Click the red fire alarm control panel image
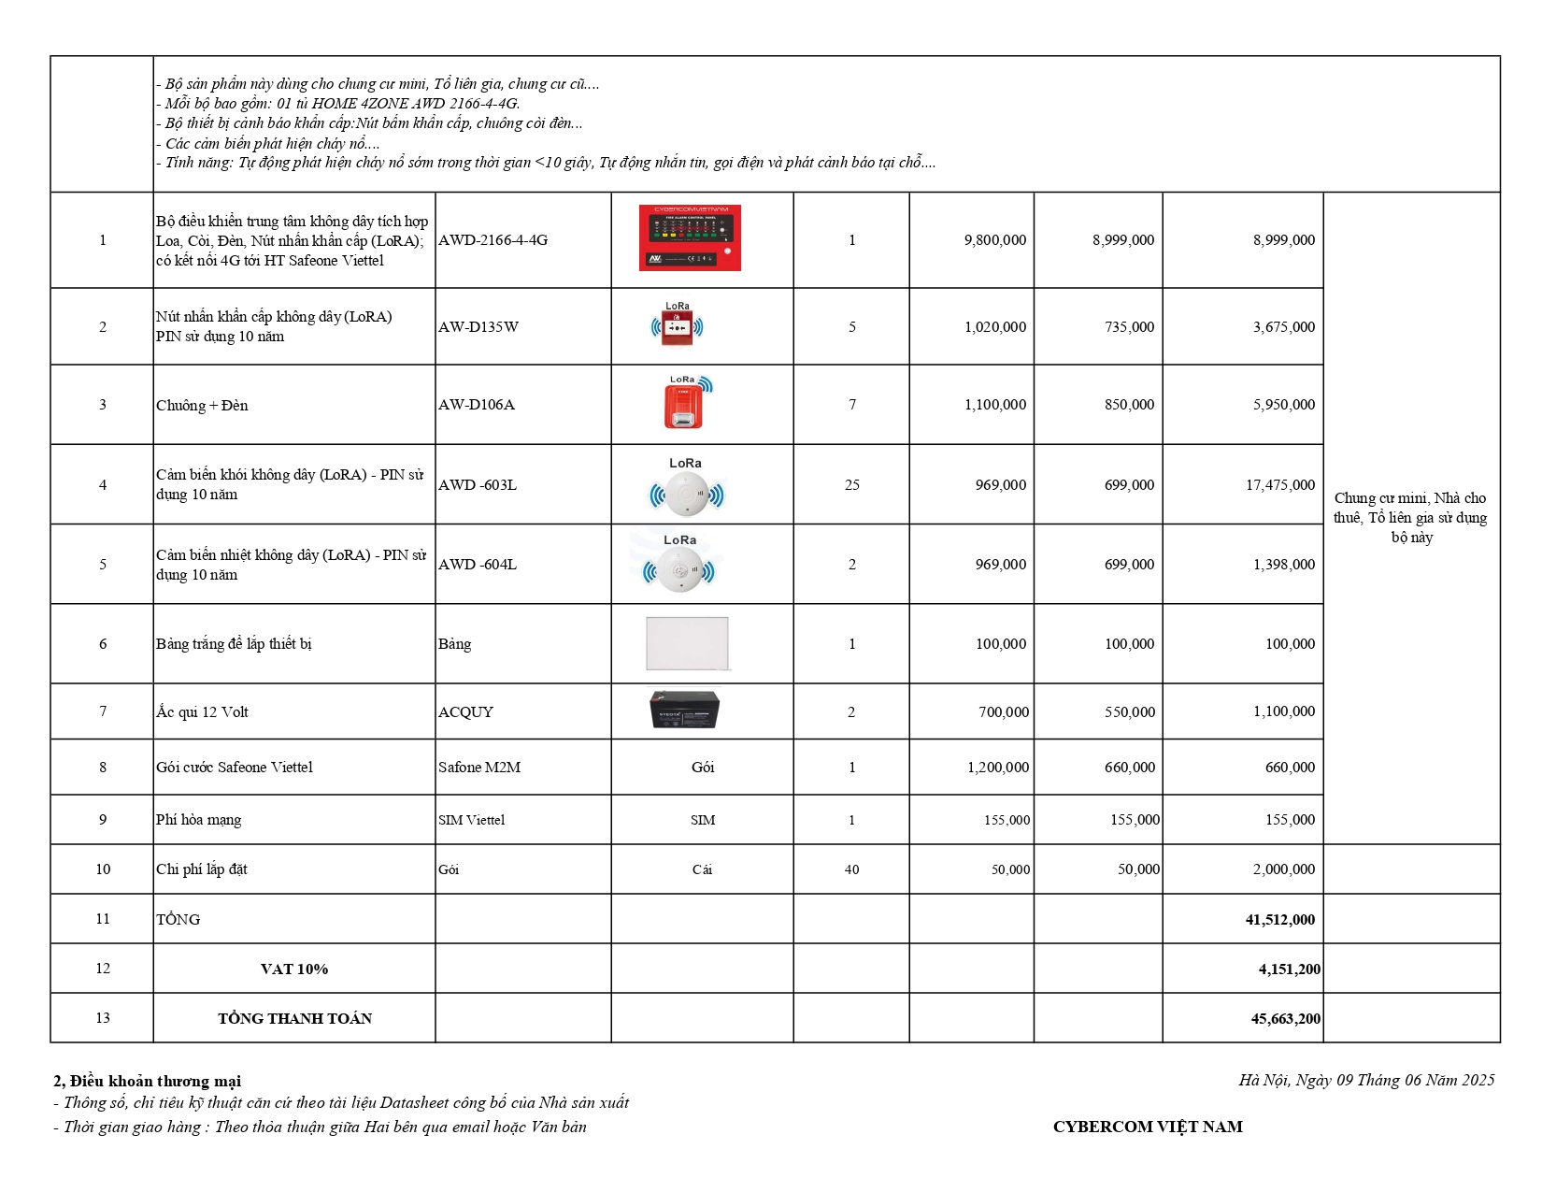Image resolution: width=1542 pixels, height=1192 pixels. (x=690, y=238)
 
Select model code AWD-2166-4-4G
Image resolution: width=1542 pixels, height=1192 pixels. (x=493, y=240)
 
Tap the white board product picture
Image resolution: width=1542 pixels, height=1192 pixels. (x=687, y=643)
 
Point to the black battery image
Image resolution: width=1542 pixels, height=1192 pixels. (x=684, y=710)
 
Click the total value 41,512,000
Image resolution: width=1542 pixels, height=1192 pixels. (x=1279, y=920)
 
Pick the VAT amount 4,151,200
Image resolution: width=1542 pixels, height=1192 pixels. (x=1289, y=969)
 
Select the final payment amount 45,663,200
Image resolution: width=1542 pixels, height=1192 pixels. (x=1285, y=1019)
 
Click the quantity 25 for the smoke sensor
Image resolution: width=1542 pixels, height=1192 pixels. (x=851, y=485)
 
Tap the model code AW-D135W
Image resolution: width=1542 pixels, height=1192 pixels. (x=478, y=327)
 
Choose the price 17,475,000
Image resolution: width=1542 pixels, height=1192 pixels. (x=1279, y=485)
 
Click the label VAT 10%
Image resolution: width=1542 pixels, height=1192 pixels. (x=294, y=969)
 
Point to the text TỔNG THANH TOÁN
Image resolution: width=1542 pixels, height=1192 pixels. (x=294, y=1019)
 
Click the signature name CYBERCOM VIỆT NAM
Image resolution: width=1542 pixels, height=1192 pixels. (x=1148, y=1127)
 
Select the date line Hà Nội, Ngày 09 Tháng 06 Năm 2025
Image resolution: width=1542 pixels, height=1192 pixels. (x=1366, y=1081)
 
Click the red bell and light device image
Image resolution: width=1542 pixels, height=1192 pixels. (x=685, y=405)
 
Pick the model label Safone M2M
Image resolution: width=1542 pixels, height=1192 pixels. (x=479, y=768)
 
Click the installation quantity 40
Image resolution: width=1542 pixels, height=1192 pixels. (x=851, y=869)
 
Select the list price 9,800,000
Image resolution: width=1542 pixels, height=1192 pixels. (x=994, y=240)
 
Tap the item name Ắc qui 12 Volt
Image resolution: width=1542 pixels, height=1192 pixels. (x=202, y=712)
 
